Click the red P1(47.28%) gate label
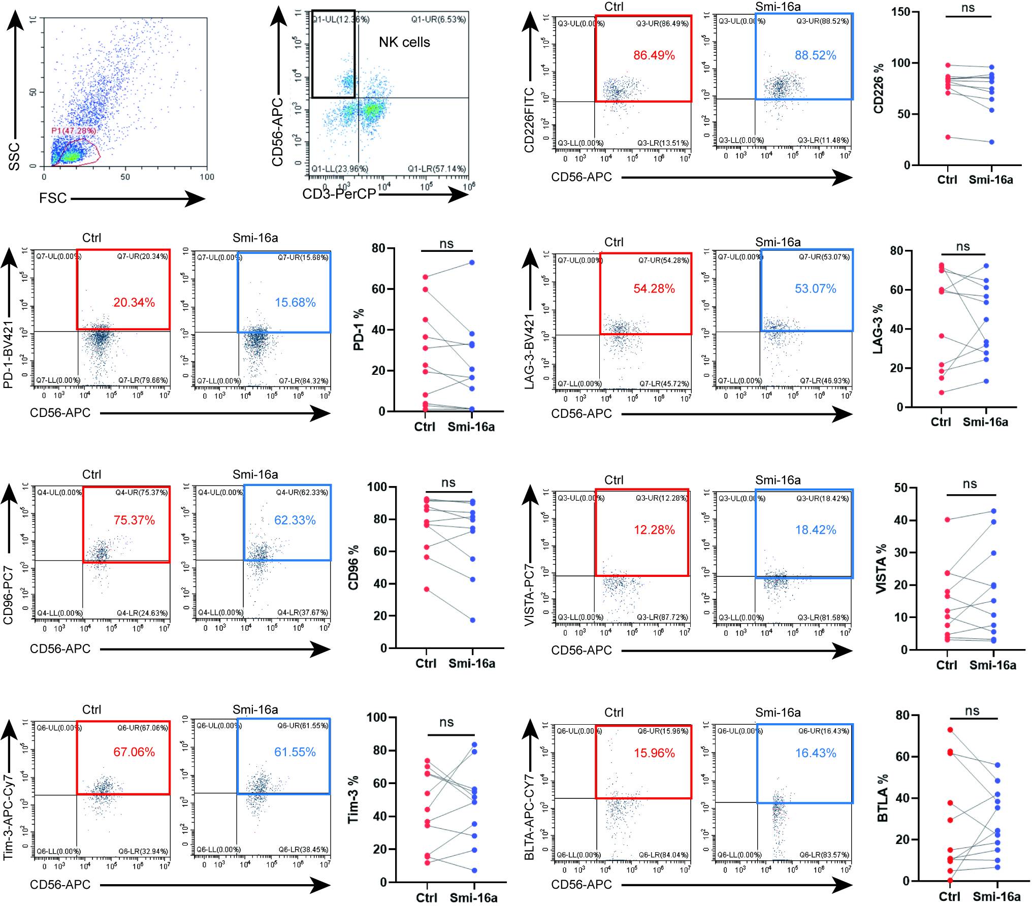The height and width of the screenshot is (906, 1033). [x=74, y=131]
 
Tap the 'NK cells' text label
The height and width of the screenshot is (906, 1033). [x=404, y=42]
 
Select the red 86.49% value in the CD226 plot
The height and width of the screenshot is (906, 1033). [x=654, y=55]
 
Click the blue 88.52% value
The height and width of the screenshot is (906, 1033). [x=815, y=55]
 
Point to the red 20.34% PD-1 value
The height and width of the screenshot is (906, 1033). [x=134, y=303]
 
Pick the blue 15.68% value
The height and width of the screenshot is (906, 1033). [x=295, y=303]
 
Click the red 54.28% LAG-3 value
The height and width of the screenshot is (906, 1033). [x=654, y=289]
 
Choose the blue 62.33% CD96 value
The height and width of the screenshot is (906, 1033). [x=295, y=520]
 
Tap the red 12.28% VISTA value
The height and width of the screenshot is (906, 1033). [x=654, y=530]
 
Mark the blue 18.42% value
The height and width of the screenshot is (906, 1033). [x=815, y=530]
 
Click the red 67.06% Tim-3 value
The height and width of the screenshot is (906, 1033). [x=134, y=752]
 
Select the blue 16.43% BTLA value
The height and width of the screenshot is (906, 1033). [x=815, y=753]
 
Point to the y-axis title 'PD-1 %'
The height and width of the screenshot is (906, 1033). [x=359, y=330]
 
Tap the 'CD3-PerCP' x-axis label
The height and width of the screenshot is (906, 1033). [x=339, y=194]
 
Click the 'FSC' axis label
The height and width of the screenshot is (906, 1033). [x=53, y=198]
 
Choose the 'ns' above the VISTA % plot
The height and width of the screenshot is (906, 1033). [x=970, y=484]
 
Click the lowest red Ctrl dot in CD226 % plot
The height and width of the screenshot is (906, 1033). [x=948, y=137]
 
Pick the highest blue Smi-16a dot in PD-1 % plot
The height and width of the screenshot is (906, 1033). [x=472, y=263]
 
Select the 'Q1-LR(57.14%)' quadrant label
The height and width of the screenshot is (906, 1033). [x=437, y=169]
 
